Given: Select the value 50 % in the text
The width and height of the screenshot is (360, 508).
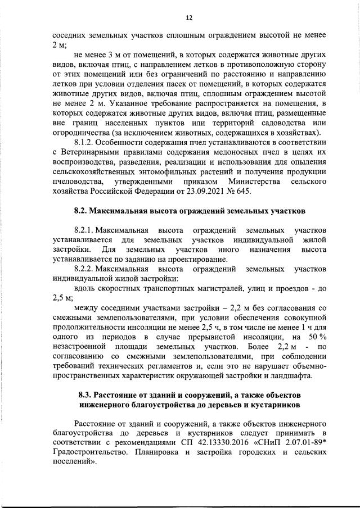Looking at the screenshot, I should (x=316, y=337).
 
